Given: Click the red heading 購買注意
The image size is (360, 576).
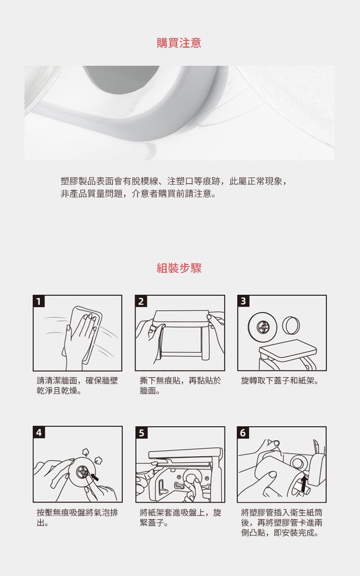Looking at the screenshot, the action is [x=179, y=43].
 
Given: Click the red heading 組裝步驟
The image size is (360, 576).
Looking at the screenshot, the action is [x=179, y=268].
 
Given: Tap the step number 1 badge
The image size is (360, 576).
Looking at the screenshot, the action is [x=38, y=301].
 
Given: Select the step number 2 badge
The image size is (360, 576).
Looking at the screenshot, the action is [x=141, y=301].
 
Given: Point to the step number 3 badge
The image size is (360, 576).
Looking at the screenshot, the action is [x=243, y=301].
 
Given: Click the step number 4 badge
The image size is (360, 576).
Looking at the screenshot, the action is [x=38, y=432].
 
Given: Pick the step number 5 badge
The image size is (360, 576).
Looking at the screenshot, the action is [x=141, y=433].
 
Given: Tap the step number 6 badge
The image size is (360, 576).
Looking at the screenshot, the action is [x=243, y=433].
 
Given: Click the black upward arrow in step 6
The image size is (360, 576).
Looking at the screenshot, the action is [x=304, y=484].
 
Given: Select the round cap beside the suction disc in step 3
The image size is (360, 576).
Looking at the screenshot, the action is [x=291, y=325].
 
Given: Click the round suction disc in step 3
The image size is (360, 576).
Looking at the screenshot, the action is [x=262, y=327].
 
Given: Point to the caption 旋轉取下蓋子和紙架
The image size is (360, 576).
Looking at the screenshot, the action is [x=280, y=381].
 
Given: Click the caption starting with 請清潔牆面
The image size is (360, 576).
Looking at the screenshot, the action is [x=77, y=386].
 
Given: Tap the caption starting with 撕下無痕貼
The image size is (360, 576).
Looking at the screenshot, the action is [x=180, y=386].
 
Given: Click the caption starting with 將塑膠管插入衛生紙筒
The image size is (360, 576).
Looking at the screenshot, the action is [x=282, y=523].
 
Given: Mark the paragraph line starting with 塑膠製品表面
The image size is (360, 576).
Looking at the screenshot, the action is [x=174, y=181].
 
